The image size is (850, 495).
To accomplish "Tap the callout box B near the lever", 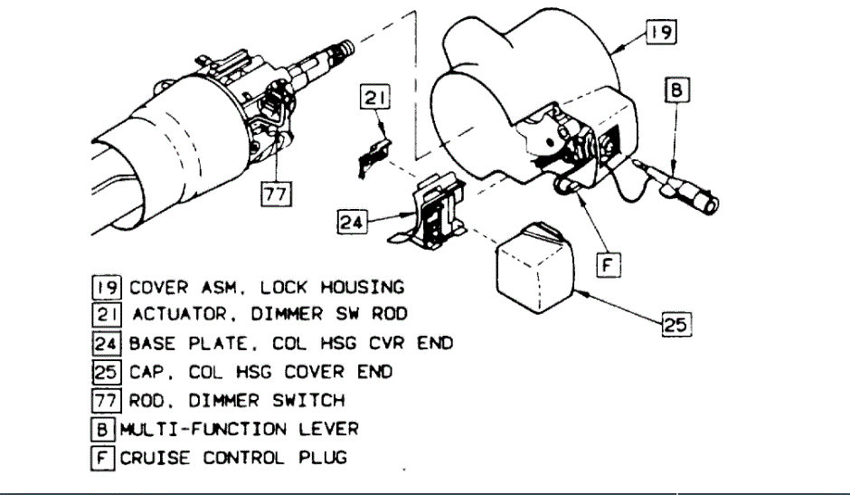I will (x=676, y=91).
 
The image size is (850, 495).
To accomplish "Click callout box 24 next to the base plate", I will (x=354, y=220).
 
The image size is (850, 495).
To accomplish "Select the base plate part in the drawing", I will (x=432, y=214).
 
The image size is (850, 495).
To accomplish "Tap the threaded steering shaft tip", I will (x=346, y=52).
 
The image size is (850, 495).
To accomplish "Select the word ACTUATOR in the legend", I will (x=167, y=316).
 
